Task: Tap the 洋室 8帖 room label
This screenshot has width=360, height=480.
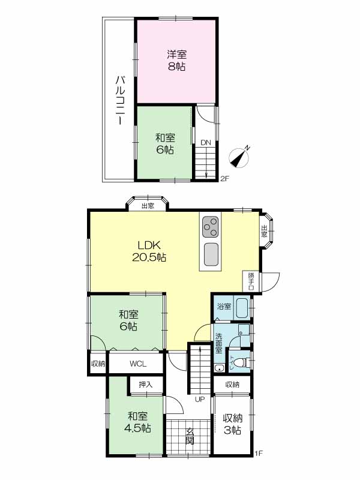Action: point(176,61)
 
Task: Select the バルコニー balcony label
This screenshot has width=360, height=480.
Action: point(120,101)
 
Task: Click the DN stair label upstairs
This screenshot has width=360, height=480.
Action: point(206,143)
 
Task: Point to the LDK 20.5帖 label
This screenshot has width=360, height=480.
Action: point(149,251)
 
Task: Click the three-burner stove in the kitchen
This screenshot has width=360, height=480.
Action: point(210,227)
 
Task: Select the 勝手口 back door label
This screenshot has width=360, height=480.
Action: point(251,281)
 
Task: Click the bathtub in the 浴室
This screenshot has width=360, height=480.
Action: point(243,308)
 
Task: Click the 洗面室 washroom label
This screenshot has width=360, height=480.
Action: point(218,343)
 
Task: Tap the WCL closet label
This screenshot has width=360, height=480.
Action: point(138,364)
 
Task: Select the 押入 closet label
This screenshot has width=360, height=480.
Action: point(146,384)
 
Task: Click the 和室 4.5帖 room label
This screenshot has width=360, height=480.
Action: point(137,422)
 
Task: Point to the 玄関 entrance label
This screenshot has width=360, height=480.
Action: point(190,436)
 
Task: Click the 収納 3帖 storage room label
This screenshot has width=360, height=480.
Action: point(233,424)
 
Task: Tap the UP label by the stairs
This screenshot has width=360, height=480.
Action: point(200,400)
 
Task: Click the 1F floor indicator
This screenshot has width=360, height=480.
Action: point(259,454)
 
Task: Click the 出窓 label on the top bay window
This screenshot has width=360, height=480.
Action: point(148,206)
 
